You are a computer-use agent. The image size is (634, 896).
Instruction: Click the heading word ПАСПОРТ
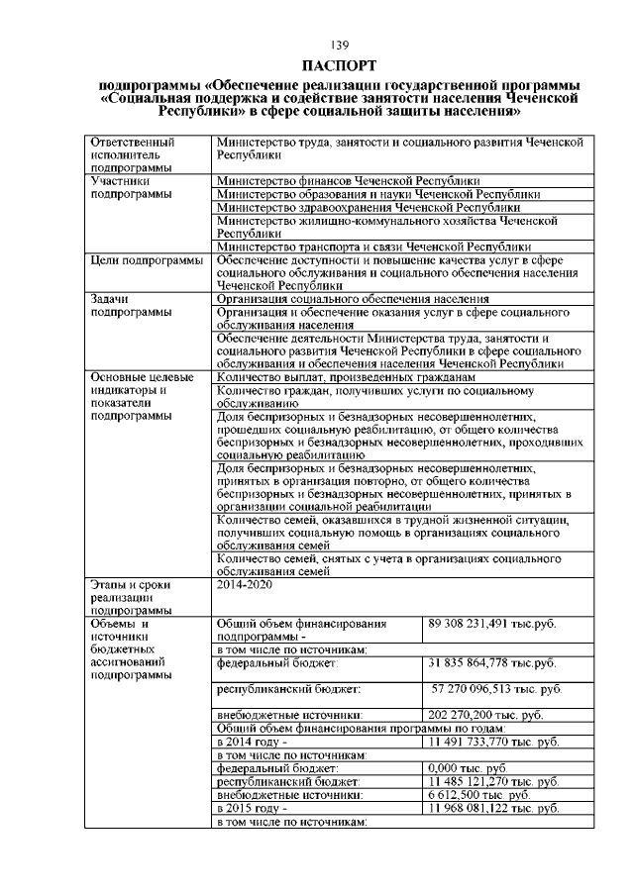pos(340,66)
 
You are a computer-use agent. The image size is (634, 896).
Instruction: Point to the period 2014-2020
pos(242,586)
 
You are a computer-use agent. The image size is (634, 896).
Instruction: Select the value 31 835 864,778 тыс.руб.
pos(492,662)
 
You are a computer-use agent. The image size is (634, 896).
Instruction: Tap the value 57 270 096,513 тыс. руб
pos(495,686)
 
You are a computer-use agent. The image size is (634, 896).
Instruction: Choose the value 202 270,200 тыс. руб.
pos(484,714)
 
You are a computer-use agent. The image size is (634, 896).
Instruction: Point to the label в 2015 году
pos(252,807)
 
